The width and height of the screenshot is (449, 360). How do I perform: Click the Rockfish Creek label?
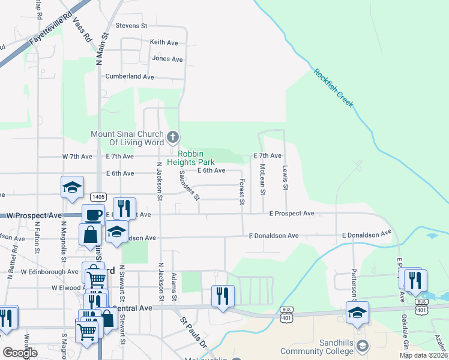[x=334, y=89]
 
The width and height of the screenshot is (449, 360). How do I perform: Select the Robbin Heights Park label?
[x=191, y=158]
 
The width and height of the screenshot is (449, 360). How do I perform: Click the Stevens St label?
[x=131, y=26]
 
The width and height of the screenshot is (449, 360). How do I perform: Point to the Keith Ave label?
[x=164, y=43]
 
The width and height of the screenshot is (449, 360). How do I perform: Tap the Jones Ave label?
[x=167, y=59]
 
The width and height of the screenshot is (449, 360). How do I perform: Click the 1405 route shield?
[x=98, y=197]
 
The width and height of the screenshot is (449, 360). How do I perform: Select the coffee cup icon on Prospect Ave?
[x=93, y=215]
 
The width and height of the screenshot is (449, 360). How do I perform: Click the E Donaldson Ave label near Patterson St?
[x=366, y=235]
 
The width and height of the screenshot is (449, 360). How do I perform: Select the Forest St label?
[x=242, y=191]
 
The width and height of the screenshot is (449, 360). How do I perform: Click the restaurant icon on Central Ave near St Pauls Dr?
[x=222, y=295]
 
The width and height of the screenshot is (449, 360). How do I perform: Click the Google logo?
[x=20, y=353]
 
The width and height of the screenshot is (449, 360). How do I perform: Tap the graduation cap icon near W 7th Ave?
[x=72, y=187]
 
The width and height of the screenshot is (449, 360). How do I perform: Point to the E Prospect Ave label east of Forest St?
[x=292, y=214]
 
